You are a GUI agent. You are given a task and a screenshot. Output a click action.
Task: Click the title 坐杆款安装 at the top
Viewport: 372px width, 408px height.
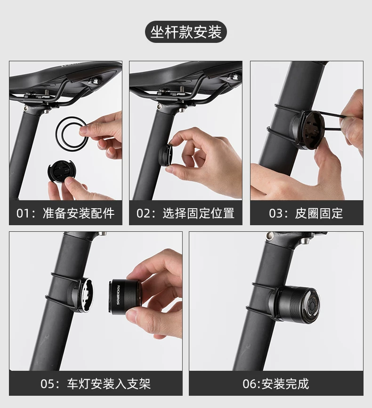[186, 32]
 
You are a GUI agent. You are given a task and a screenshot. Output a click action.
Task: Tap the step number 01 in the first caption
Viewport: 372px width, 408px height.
[22, 213]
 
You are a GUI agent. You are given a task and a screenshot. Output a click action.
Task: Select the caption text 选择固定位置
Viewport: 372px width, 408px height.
[199, 213]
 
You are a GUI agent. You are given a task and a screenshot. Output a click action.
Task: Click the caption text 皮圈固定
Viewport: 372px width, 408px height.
[319, 213]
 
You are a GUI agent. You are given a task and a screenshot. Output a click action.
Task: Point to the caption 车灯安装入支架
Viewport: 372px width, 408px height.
[109, 384]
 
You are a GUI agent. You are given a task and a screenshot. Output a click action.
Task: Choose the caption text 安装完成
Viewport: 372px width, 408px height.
[285, 384]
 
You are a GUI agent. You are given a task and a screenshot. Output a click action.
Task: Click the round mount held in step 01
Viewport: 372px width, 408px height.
[61, 172]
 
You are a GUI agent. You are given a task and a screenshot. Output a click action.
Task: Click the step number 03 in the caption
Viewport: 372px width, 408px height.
[275, 213]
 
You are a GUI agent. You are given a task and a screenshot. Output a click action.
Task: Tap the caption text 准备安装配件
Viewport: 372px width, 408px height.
[79, 213]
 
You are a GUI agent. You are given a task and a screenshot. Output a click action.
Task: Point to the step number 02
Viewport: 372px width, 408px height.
[142, 213]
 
